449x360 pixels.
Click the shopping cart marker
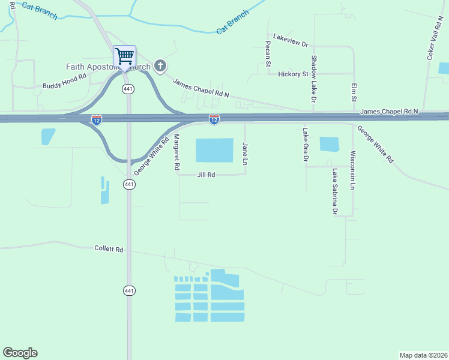pos(124,56)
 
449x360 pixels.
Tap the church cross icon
pos(160,66)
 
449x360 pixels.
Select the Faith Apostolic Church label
pos(108,67)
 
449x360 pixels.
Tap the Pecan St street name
pos(268,55)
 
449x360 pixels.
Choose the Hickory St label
pos(293,74)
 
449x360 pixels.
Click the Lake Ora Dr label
pos(305,145)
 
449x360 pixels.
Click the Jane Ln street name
pos(244,154)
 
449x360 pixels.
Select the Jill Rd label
pos(206,175)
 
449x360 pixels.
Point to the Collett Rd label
pos(109,248)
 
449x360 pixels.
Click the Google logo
pos(20,353)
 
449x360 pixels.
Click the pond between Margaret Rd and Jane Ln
pos(214,151)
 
